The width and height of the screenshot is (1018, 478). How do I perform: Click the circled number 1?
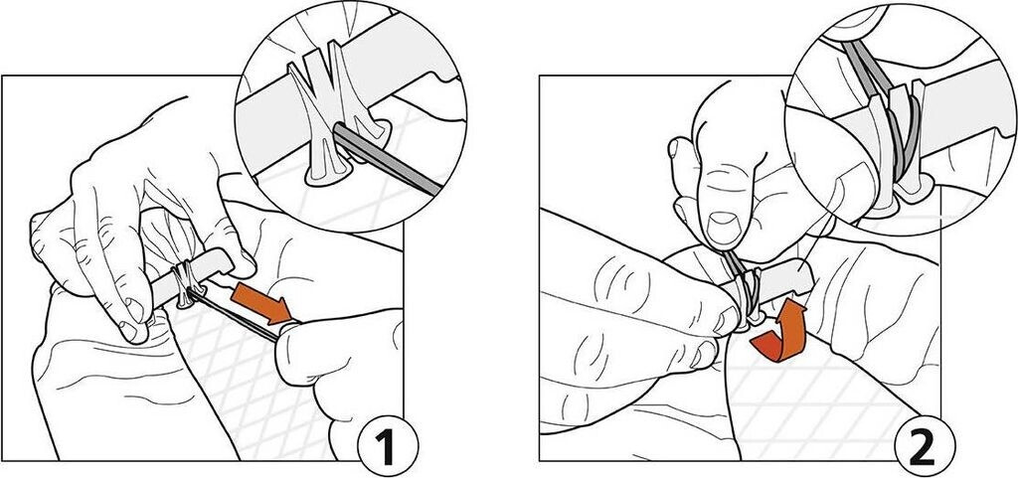tap(388, 446)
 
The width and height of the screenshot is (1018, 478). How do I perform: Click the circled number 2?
tap(925, 446)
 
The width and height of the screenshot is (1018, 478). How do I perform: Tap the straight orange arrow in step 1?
tap(262, 301)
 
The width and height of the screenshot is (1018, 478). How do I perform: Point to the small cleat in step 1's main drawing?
tap(186, 283)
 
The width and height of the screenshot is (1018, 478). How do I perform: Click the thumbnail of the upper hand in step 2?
tap(722, 227)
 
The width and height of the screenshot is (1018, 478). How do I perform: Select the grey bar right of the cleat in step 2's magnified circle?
tap(966, 107)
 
